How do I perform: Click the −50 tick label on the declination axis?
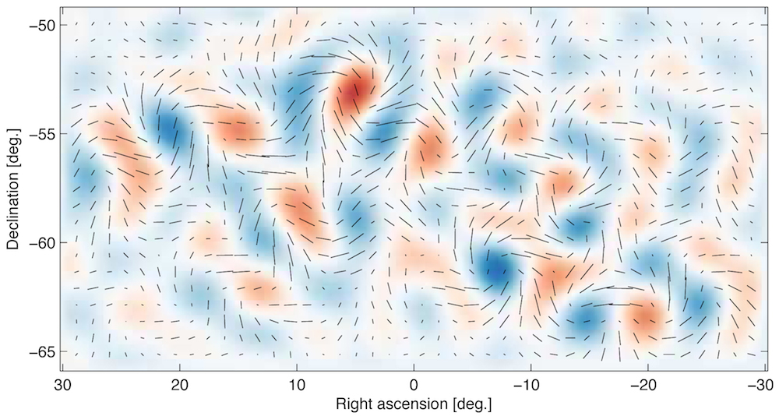click(39, 25)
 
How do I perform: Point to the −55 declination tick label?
click(39, 134)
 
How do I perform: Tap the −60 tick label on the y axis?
click(39, 242)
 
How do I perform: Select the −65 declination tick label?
click(39, 351)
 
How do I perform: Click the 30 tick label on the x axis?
click(63, 386)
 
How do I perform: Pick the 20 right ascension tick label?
click(180, 386)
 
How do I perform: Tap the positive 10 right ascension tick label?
click(297, 386)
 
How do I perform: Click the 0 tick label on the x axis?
click(414, 386)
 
